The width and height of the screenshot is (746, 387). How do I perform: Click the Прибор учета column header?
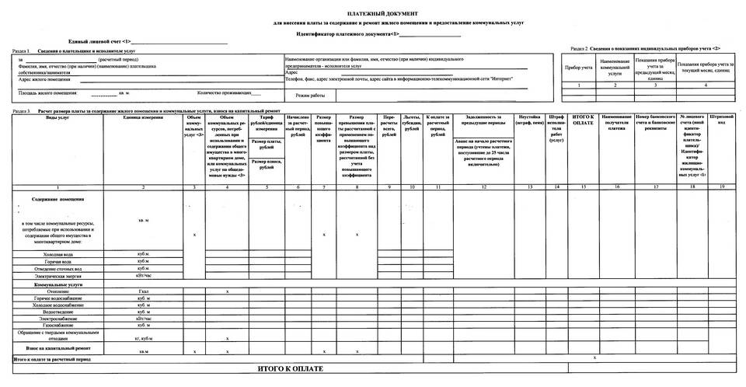click(578, 68)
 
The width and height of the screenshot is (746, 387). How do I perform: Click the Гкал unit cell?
click(143, 291)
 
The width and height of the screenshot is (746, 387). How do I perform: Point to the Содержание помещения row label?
click(58, 199)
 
